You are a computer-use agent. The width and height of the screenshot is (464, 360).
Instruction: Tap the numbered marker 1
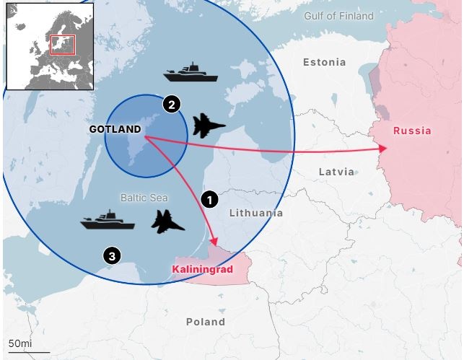[210, 199]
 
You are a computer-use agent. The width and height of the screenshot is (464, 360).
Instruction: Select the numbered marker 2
[171, 104]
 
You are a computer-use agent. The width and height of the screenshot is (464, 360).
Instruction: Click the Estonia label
[324, 62]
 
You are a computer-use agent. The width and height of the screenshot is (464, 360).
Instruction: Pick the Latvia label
[336, 172]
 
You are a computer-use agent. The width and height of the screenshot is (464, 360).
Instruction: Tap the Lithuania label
[255, 213]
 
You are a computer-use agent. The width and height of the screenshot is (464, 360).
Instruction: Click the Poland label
[204, 322]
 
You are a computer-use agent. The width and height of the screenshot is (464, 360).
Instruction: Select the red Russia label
[412, 131]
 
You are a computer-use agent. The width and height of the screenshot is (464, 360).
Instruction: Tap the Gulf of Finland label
[338, 16]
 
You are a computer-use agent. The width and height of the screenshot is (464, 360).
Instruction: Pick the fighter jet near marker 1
[168, 221]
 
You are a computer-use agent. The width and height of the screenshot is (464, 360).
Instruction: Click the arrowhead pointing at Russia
[383, 149]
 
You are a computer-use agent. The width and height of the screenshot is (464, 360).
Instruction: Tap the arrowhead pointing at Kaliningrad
[213, 241]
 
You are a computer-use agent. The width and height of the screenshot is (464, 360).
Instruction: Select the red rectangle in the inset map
[62, 45]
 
